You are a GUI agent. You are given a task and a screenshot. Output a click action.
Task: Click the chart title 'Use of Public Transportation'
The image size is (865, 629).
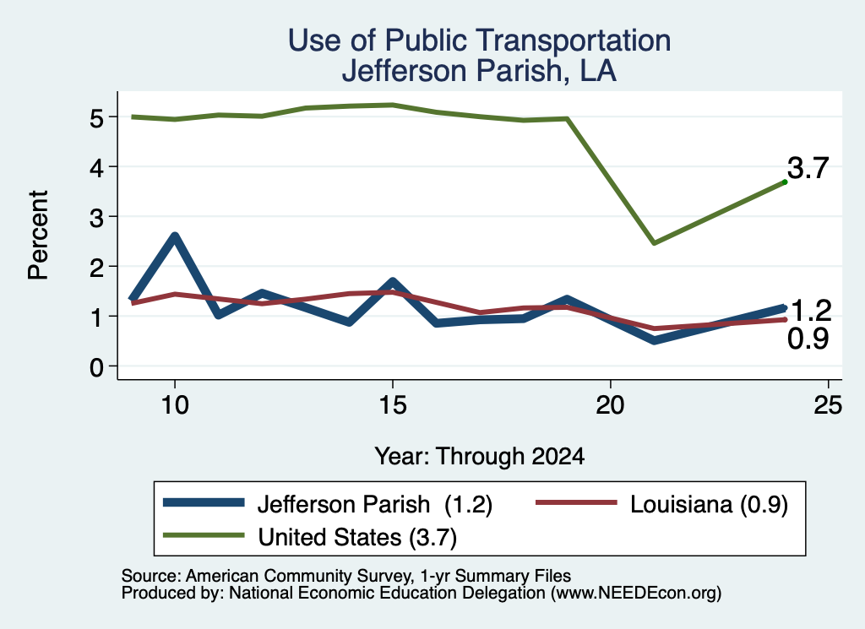pos(480,41)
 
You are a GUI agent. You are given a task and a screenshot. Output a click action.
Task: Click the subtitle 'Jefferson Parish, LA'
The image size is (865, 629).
pos(479,71)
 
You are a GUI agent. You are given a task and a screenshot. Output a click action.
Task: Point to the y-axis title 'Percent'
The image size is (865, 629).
pos(39,236)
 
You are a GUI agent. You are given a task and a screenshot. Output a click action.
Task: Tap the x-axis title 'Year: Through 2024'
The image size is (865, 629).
pos(480,457)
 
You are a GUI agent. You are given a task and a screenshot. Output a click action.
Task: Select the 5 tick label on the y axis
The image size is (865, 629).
pos(96,118)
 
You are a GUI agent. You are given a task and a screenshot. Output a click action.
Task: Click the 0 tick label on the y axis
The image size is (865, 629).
pos(96,367)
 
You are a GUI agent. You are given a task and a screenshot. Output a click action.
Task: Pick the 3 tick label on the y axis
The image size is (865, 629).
pos(96,218)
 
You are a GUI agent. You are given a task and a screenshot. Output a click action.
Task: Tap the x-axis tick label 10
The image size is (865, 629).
pos(175,405)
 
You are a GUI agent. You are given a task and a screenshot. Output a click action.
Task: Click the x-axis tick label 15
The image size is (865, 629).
pos(393,405)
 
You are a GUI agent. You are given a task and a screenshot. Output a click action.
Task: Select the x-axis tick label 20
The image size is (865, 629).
pos(610,405)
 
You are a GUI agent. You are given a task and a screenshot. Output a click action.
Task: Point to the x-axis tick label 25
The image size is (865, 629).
pos(828,405)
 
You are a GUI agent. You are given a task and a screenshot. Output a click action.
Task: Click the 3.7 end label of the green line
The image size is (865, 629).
pos(808,168)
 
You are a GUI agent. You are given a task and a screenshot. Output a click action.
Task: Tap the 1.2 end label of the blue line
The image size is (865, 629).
pos(810,311)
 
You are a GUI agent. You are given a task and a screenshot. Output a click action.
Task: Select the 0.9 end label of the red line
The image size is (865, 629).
pos(808,339)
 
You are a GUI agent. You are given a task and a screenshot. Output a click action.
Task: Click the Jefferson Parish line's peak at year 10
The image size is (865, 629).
pos(175,236)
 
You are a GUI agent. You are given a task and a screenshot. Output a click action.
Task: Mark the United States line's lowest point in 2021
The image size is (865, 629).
pos(654,242)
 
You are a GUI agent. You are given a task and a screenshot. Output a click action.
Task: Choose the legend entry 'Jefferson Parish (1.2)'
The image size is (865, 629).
pos(328,504)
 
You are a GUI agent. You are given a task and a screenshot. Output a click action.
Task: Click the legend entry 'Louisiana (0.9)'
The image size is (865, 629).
pos(662,504)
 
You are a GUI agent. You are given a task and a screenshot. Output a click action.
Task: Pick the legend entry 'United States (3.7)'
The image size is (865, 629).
pos(310,537)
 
